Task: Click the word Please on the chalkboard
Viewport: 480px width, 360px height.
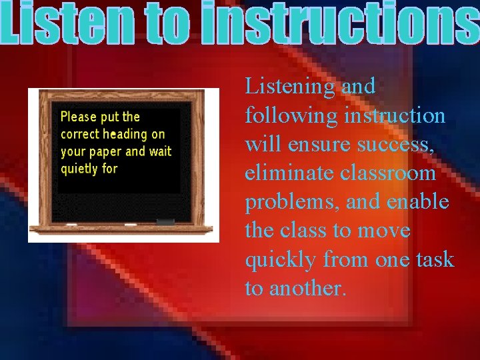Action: tap(79, 117)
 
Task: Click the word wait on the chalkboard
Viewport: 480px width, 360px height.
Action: tap(160, 151)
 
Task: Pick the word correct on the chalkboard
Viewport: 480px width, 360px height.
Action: tap(80, 134)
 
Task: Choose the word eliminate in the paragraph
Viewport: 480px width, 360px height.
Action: tap(290, 173)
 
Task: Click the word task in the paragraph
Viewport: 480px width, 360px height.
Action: tap(434, 259)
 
